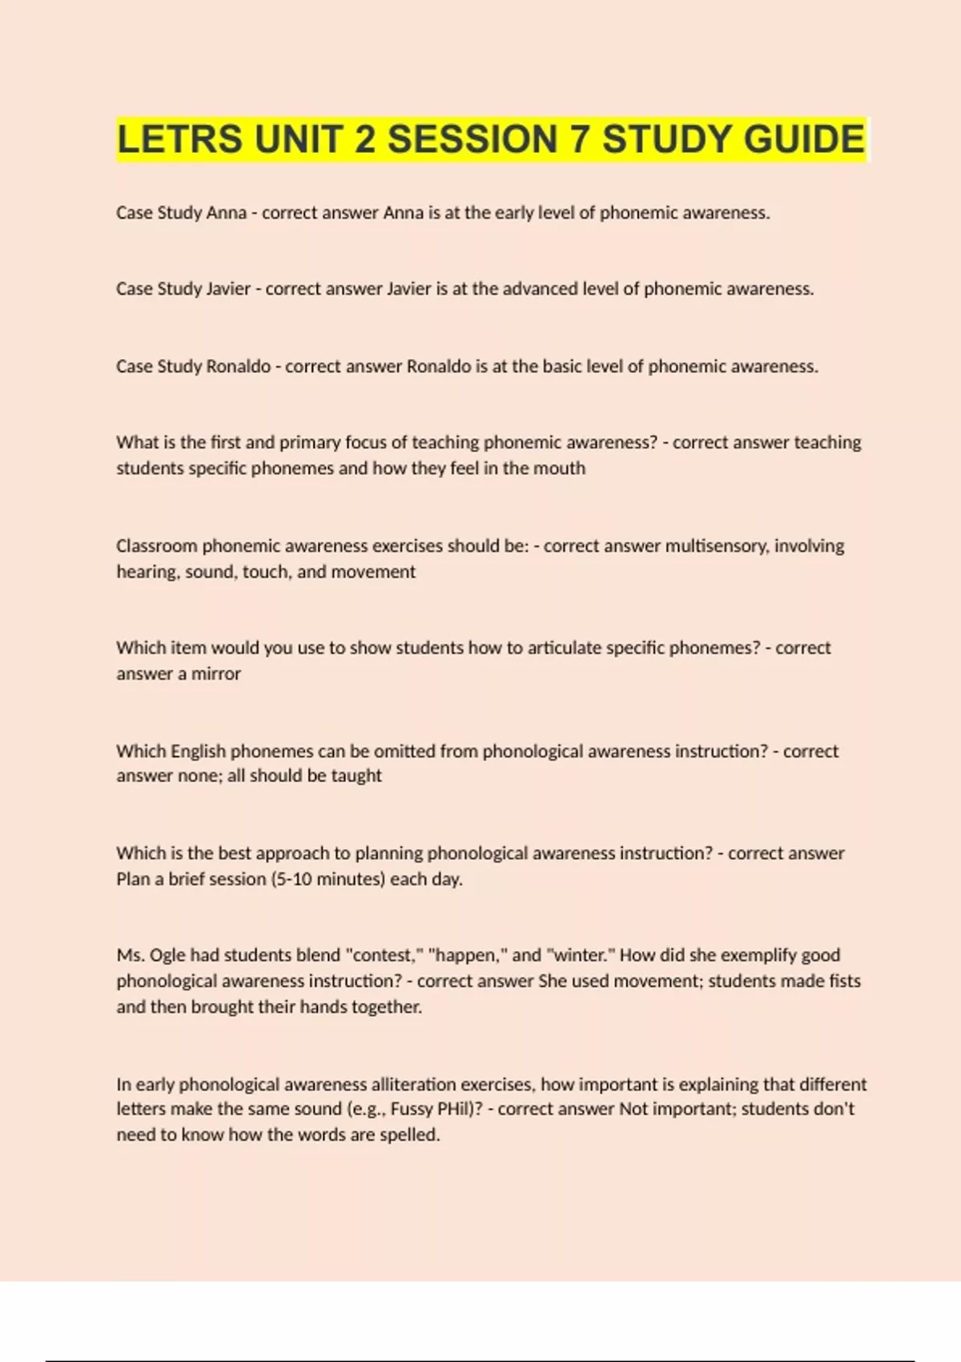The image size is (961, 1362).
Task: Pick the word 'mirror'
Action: (x=215, y=674)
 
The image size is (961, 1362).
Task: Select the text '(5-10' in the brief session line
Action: (x=291, y=880)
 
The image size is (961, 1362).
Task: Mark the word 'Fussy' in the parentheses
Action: (x=412, y=1110)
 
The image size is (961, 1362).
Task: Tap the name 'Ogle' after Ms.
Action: (x=167, y=956)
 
